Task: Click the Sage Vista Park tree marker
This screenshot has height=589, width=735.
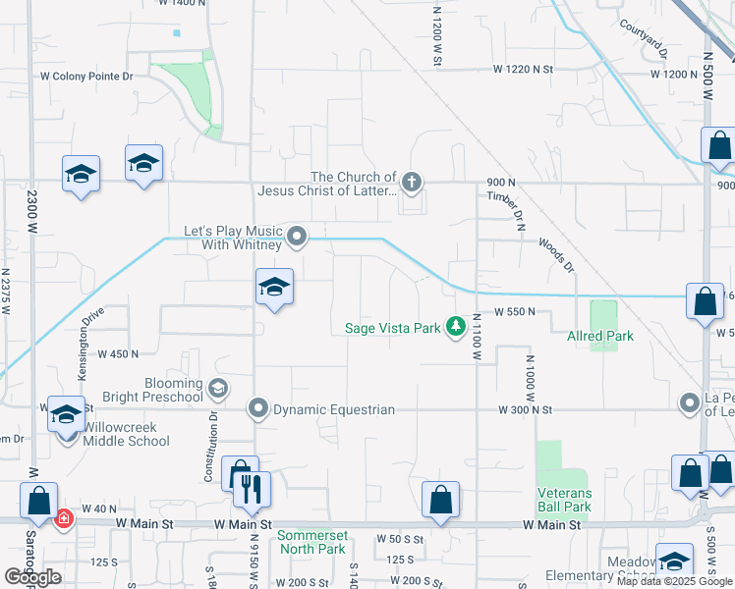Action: click(x=455, y=325)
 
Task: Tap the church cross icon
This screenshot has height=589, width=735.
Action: click(x=412, y=182)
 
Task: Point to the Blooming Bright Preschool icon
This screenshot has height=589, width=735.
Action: click(x=217, y=388)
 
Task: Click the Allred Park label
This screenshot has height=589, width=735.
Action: click(x=600, y=336)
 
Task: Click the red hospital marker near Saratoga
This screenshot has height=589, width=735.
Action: click(x=63, y=516)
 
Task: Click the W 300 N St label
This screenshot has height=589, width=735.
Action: click(x=526, y=409)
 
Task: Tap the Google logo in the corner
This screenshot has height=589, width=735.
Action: click(x=32, y=577)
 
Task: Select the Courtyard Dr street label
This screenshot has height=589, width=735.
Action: click(x=644, y=38)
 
